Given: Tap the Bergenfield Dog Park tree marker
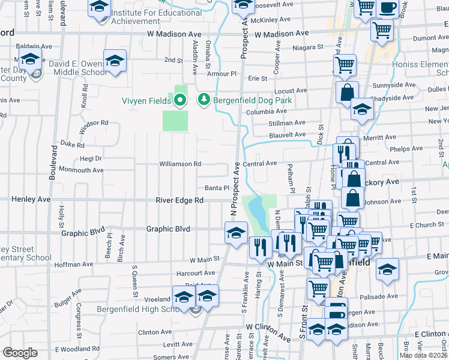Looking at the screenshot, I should tap(204, 100).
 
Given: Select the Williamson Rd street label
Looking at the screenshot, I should tap(179, 164).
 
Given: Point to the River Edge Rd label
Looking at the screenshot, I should tap(180, 200).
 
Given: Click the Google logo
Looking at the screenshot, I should tap(20, 352).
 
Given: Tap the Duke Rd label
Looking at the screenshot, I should tap(73, 145).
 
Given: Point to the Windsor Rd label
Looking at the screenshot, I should tap(95, 122).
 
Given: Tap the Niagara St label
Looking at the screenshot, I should tap(308, 47).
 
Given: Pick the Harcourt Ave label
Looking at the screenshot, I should tap(196, 272).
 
